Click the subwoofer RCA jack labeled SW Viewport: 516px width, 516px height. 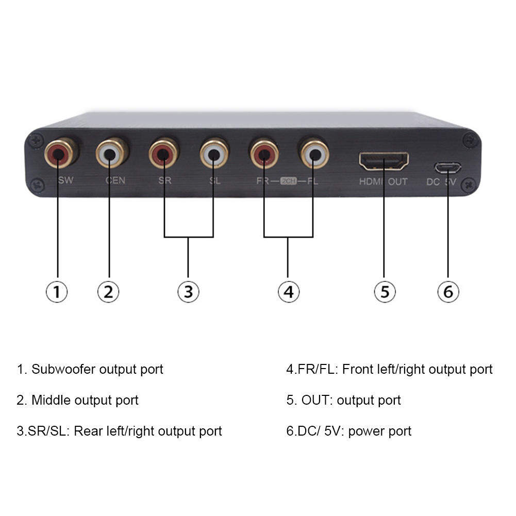tap(59, 153)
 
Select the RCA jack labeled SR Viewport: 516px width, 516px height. tap(163, 153)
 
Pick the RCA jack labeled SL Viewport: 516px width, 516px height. tap(214, 153)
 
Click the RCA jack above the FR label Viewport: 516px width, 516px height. tap(264, 153)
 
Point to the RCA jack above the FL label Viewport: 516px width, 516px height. tap(314, 153)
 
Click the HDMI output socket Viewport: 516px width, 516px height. tap(384, 161)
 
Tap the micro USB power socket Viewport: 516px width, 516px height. tap(447, 168)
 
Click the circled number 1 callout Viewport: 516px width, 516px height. tap(57, 292)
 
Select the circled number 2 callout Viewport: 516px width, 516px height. tap(108, 292)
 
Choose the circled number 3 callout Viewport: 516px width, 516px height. tap(188, 292)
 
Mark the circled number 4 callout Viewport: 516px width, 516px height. tap(288, 292)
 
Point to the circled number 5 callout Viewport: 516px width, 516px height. tap(385, 292)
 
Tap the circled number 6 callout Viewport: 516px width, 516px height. tap(448, 292)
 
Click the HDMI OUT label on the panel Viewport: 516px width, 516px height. tap(384, 181)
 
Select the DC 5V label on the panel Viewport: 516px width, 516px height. tap(442, 182)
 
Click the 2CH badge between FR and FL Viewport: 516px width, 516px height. tap(288, 181)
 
